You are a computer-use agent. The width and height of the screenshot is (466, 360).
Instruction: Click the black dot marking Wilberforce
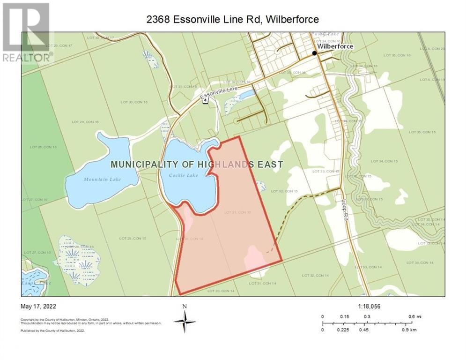(315, 53)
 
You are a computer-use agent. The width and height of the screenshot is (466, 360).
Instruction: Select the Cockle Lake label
(186, 175)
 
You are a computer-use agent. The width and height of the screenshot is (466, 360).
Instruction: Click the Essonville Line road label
(217, 93)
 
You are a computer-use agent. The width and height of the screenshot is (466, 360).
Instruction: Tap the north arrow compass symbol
(185, 322)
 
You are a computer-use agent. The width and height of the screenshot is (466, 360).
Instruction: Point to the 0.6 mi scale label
(415, 316)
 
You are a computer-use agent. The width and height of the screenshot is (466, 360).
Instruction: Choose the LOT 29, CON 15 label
(133, 239)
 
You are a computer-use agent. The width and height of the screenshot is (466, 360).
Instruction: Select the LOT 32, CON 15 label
(284, 191)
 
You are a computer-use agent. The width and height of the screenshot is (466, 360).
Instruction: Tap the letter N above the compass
(185, 307)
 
